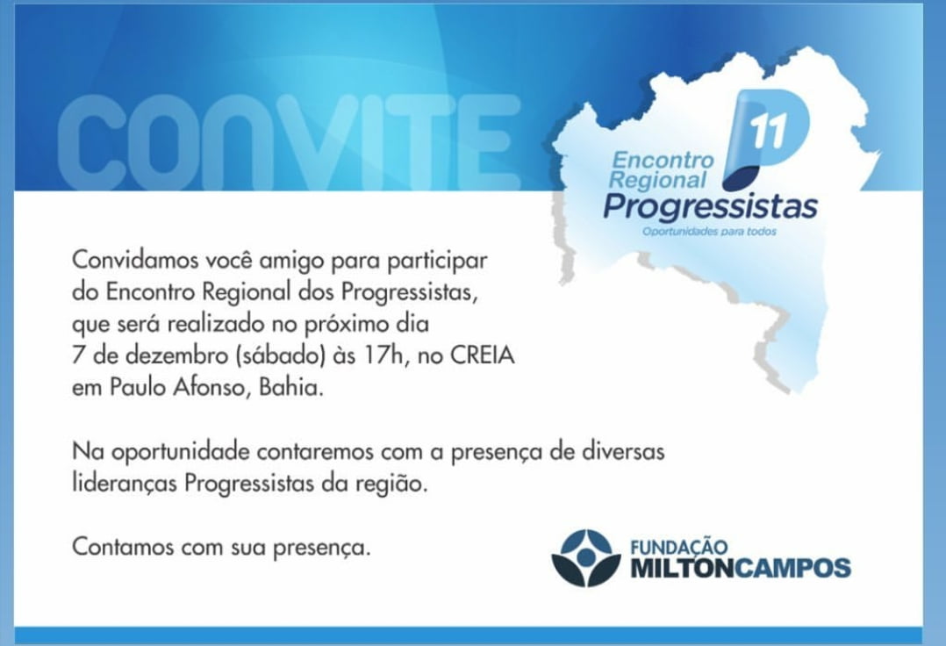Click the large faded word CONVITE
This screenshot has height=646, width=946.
289,142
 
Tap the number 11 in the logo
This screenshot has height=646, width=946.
768,131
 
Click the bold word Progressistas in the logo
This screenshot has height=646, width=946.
711,207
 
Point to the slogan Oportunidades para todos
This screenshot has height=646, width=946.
709,232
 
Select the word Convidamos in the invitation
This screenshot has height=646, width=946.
136,261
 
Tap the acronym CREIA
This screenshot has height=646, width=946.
483,355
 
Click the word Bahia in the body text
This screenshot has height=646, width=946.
290,387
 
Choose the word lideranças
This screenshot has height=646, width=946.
125,484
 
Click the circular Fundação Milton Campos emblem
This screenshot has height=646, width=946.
586,558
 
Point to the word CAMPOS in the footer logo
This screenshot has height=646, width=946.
793,568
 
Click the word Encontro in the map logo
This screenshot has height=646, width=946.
663,160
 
